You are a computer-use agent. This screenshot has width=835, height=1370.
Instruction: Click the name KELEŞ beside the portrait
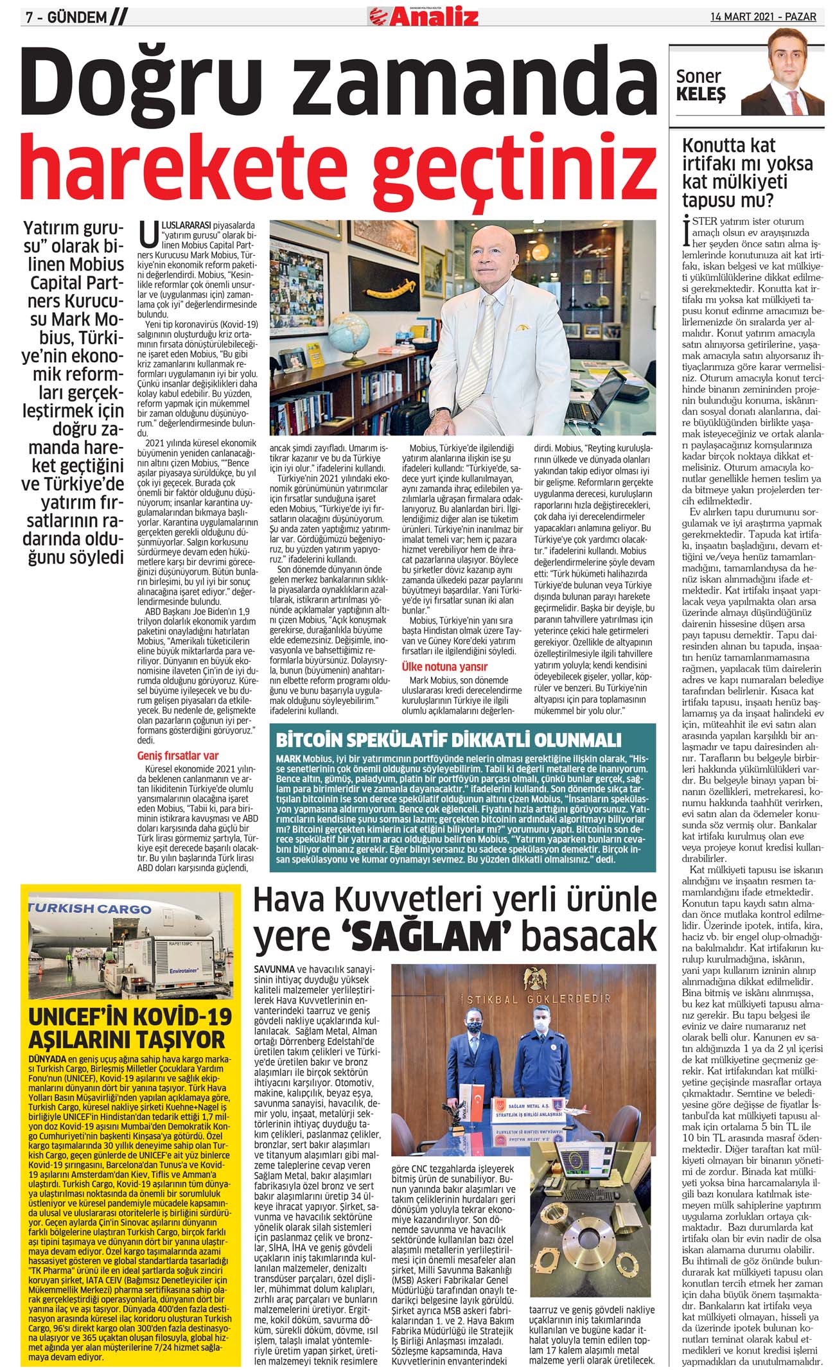(701, 95)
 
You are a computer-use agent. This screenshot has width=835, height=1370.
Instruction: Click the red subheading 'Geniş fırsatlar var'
(178, 755)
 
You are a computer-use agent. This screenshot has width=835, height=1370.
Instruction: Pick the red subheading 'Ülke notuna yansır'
(444, 667)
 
